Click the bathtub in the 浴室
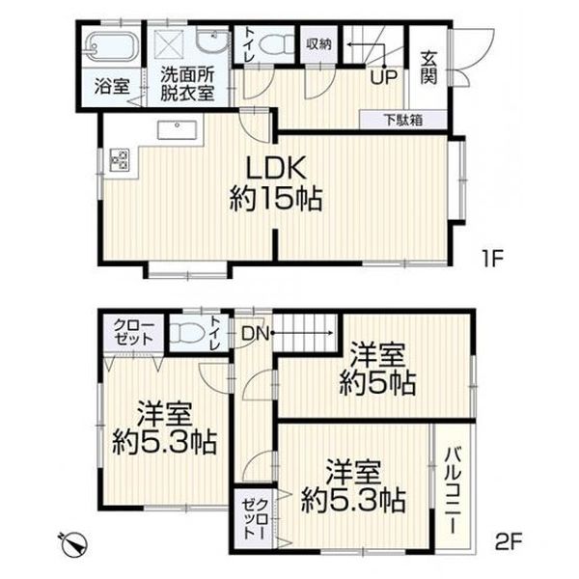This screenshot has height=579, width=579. (x=111, y=47)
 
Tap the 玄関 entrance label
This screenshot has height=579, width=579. (x=428, y=69)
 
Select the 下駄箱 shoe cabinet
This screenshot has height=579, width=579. (x=403, y=120)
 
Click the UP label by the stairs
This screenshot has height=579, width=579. (x=384, y=78)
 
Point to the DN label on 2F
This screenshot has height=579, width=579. (x=255, y=334)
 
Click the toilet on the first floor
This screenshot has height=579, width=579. (x=276, y=45)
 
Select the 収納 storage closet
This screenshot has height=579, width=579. (x=318, y=44)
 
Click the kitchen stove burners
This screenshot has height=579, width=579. (x=120, y=159)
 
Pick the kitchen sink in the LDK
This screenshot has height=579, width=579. (x=178, y=130)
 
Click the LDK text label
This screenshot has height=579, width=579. (x=276, y=168)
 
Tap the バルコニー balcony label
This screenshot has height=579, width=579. (x=454, y=490)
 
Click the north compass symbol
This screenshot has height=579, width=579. (x=74, y=543)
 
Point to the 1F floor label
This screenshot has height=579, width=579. (x=492, y=258)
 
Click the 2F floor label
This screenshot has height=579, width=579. (x=509, y=542)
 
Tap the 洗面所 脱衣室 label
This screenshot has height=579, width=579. (x=187, y=85)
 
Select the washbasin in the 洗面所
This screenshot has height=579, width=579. (x=212, y=41)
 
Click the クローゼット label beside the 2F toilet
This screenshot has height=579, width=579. (x=133, y=332)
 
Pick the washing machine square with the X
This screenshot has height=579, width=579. (x=169, y=44)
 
